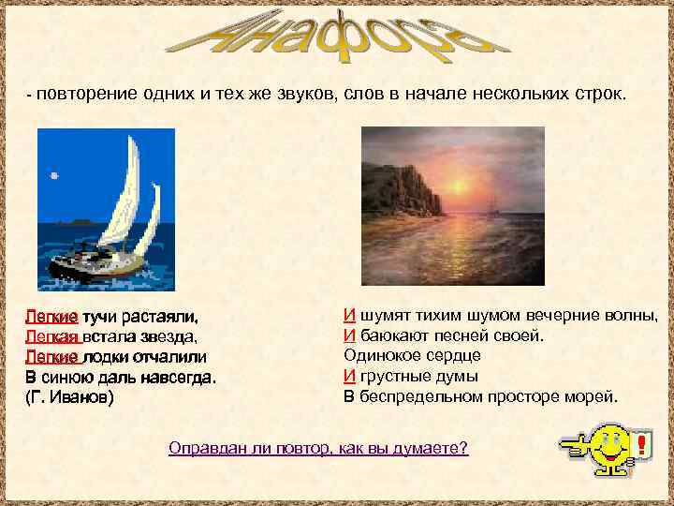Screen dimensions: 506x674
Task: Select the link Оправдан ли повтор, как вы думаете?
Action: point(318,448)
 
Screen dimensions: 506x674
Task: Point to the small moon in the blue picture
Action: point(54,175)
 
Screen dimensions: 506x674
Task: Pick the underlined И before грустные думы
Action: point(348,377)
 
